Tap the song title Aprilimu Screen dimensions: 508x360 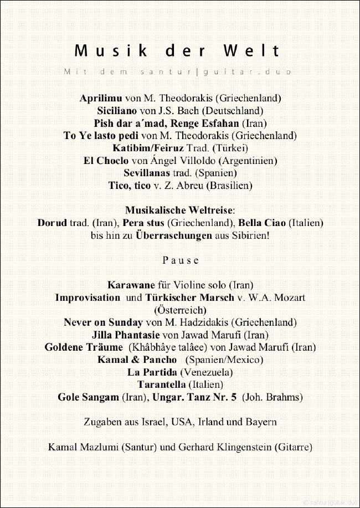click(100, 98)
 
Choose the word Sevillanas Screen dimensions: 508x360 click(147, 173)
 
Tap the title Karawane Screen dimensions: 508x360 click(131, 285)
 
